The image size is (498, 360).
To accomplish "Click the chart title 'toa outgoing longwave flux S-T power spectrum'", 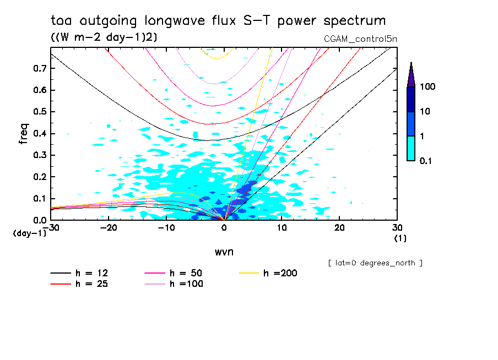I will (x=218, y=21).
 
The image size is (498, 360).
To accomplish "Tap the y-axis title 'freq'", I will (x=24, y=134).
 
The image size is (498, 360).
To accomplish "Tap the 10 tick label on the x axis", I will (x=282, y=227).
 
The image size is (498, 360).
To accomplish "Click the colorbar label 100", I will (x=427, y=87).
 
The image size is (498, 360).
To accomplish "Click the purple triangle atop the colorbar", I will (x=411, y=75).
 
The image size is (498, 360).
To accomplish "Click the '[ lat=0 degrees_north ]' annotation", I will (x=375, y=263).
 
